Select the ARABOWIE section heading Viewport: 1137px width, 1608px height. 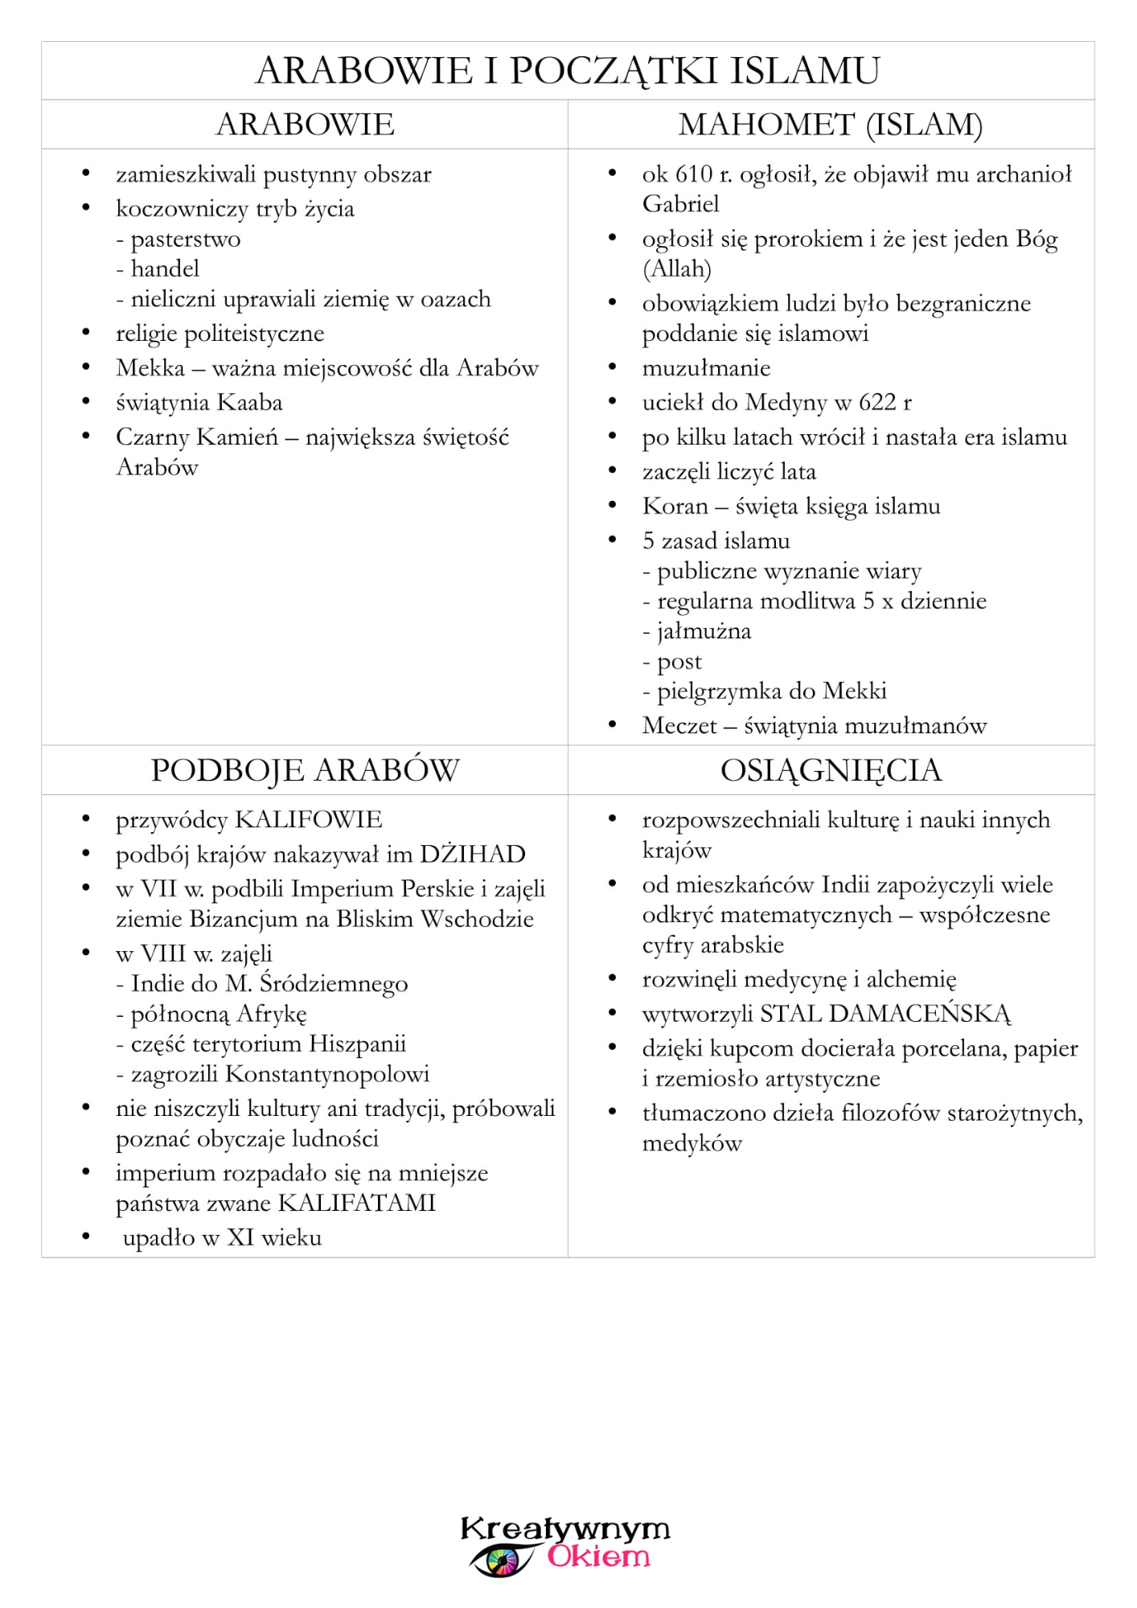(305, 125)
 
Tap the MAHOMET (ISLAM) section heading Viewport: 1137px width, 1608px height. (831, 125)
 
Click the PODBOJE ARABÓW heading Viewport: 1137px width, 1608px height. (305, 770)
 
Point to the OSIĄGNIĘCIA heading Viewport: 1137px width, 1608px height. (831, 770)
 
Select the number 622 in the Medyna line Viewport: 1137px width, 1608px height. (877, 402)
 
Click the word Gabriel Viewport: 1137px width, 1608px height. (680, 204)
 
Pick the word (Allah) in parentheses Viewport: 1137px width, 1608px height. (676, 269)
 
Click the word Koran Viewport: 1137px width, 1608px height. (675, 507)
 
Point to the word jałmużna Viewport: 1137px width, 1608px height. (704, 631)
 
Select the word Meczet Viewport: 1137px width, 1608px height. (679, 726)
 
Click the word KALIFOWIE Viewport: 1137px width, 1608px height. (308, 820)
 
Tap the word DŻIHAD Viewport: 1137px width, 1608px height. (472, 854)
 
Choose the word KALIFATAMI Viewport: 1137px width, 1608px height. (356, 1204)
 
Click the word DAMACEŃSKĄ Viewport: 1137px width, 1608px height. (919, 1014)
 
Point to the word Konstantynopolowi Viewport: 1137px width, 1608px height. (327, 1074)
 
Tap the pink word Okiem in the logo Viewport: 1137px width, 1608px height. (598, 1557)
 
